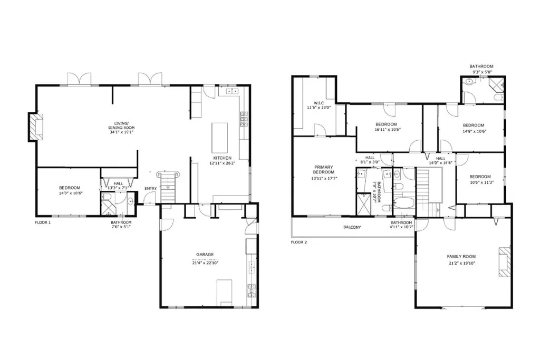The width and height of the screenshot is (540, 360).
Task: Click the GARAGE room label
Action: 205,255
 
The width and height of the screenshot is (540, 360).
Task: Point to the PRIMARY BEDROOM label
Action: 324,169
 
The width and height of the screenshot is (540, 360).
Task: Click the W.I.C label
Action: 319,103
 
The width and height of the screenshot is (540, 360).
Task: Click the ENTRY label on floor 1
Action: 150,188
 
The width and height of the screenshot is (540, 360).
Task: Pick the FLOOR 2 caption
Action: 299,242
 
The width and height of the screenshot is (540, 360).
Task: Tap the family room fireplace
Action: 504,262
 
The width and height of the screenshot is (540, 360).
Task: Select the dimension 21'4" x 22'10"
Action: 205,261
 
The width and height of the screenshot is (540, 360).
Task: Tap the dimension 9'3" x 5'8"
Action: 481,72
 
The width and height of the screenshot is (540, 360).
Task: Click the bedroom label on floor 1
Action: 70,188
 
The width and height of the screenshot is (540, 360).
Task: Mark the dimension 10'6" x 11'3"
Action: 480,183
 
